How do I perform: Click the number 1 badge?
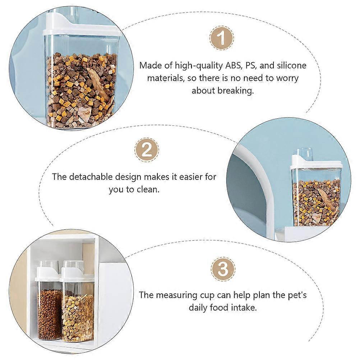tap(222, 38)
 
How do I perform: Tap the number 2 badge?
tap(147, 150)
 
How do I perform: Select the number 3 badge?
tap(223, 269)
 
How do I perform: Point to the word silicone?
tap(292, 65)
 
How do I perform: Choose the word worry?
tap(287, 78)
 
